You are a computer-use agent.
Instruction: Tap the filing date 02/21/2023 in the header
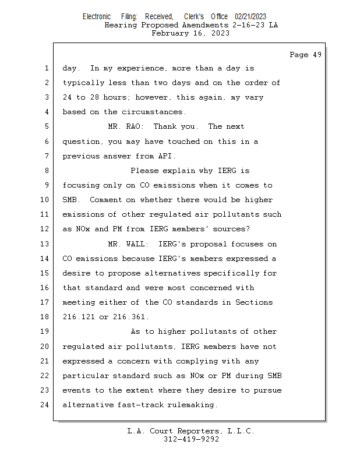pyautogui.click(x=250, y=17)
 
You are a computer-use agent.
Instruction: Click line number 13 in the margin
pyautogui.click(x=46, y=244)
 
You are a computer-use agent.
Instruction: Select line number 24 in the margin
pyautogui.click(x=46, y=405)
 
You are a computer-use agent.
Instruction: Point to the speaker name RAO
pyautogui.click(x=135, y=127)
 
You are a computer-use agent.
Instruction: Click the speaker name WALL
pyautogui.click(x=137, y=244)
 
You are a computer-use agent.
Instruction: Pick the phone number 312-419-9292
pyautogui.click(x=191, y=440)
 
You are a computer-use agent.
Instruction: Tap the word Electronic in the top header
pyautogui.click(x=97, y=17)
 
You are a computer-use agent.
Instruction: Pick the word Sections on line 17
pyautogui.click(x=254, y=302)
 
